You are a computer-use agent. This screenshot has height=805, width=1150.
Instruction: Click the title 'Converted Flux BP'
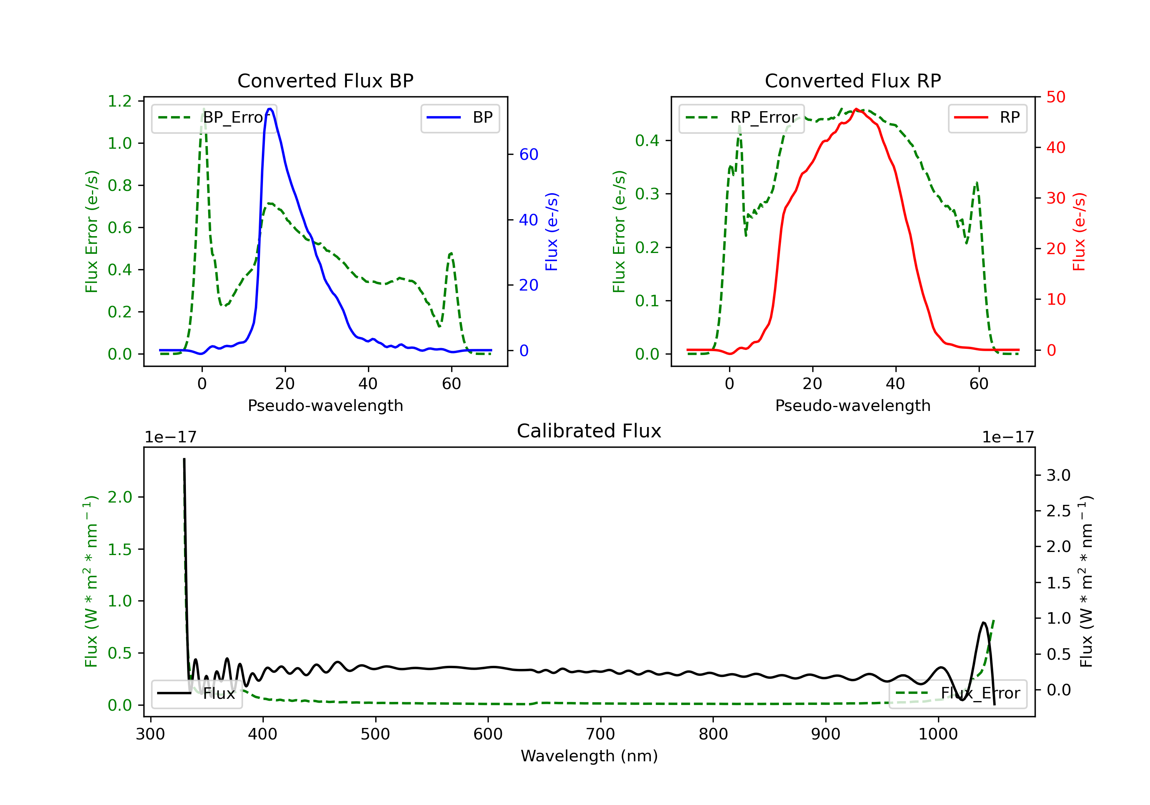point(325,80)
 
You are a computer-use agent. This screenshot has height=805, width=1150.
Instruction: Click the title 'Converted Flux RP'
point(853,80)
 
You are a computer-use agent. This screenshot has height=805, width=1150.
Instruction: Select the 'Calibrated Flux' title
point(589,431)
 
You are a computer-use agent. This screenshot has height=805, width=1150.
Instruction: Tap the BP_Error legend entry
point(214,118)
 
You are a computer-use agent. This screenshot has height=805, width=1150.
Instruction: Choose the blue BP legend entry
point(460,118)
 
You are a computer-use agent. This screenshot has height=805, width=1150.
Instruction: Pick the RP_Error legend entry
point(741,118)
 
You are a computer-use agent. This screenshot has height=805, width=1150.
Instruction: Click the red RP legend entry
point(987,118)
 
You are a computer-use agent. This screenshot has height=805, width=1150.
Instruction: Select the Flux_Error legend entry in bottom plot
point(958,693)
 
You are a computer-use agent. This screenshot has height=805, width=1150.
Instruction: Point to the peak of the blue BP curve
point(270,109)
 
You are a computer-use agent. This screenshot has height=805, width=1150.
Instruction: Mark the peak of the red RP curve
point(856,109)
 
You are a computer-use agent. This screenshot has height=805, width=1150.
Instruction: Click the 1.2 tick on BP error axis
point(120,101)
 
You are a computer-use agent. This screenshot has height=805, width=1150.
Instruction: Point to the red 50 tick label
point(1056,97)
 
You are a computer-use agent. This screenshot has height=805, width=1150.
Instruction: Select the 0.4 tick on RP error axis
point(647,141)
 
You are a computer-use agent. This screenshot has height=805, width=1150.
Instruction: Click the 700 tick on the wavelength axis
point(601,734)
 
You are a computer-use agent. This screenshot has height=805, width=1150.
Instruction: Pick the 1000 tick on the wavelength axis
point(938,734)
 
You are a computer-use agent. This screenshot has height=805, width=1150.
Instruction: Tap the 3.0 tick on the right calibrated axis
point(1058,475)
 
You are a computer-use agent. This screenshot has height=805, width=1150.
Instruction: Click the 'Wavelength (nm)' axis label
point(589,756)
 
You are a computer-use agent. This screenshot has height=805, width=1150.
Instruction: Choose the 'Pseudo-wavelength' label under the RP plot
point(853,405)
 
